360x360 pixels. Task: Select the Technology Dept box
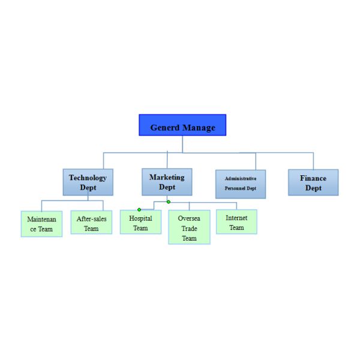pos(88,182)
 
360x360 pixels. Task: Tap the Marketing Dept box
pos(167,182)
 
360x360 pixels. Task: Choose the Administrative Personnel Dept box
pos(241,184)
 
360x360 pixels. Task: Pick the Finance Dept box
pos(313,182)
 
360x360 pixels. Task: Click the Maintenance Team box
pos(41,224)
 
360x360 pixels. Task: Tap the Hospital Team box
pos(140,222)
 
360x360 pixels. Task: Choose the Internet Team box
pos(236,222)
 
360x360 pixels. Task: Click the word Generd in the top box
pos(164,127)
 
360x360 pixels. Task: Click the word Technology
pos(88,178)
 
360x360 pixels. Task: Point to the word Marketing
pos(167,177)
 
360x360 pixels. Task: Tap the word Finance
pos(313,178)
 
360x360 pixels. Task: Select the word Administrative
pos(241,179)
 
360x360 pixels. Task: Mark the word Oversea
pos(189,219)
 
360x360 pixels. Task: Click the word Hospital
pos(140,218)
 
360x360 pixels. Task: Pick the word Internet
pos(236,218)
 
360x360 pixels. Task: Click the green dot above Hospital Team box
pos(139,209)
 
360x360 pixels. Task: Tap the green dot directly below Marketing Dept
pos(169,202)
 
